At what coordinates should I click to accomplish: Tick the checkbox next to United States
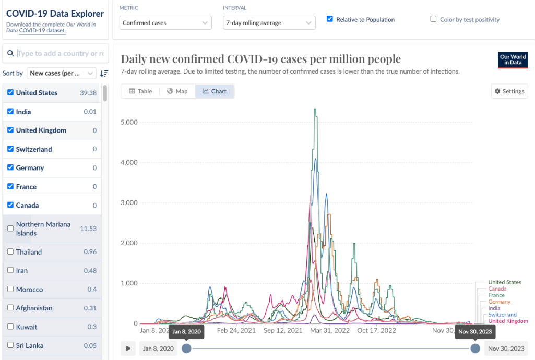click(10, 93)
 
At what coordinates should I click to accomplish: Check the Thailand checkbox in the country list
click(10, 252)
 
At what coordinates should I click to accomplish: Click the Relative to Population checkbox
click(330, 19)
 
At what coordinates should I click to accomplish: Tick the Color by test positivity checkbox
click(433, 19)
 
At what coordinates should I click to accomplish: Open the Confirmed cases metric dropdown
click(165, 23)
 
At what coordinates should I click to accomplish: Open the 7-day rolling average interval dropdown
click(269, 23)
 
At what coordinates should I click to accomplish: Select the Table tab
click(140, 91)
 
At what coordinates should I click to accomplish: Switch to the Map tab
click(177, 91)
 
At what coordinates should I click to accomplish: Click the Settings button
click(509, 91)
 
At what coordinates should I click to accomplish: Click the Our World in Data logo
click(513, 60)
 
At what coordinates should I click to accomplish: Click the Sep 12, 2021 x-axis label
click(283, 330)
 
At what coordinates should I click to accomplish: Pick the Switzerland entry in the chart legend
click(502, 315)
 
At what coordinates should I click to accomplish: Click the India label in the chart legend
click(494, 308)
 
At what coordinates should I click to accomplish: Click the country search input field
click(60, 53)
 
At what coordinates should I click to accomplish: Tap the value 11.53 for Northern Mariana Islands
click(88, 229)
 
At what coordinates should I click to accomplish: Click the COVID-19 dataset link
click(42, 31)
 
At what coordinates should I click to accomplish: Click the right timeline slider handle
click(475, 349)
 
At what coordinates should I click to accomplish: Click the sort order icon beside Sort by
click(104, 74)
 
